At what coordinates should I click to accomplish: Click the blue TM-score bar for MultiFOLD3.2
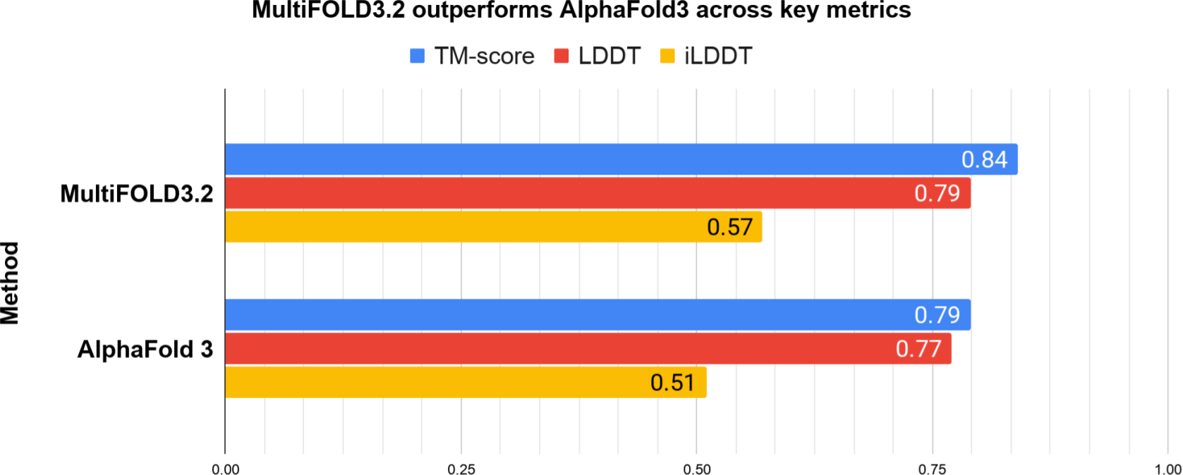point(621,159)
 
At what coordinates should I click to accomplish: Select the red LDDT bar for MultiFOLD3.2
point(597,193)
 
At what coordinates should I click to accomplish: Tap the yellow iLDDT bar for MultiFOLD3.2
point(494,227)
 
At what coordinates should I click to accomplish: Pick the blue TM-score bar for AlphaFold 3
point(597,315)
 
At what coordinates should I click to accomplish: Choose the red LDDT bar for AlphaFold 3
point(588,349)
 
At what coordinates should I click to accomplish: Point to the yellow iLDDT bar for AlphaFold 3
point(466,383)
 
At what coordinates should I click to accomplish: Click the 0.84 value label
point(985,159)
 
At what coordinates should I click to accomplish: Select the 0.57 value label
point(729,227)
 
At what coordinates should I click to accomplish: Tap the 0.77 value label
point(918,349)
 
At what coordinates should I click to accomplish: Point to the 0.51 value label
point(672,383)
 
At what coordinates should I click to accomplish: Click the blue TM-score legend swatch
point(417,56)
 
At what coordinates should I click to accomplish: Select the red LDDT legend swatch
point(562,56)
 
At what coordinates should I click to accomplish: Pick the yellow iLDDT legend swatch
point(667,56)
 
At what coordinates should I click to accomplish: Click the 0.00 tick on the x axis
point(226,469)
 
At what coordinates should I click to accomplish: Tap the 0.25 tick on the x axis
point(461,469)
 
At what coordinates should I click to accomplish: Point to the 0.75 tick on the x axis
point(933,469)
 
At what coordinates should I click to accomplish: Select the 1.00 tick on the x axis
point(1167,469)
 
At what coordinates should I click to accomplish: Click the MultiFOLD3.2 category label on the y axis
point(137,194)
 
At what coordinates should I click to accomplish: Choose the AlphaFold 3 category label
point(145,349)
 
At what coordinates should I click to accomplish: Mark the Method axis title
point(10,283)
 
